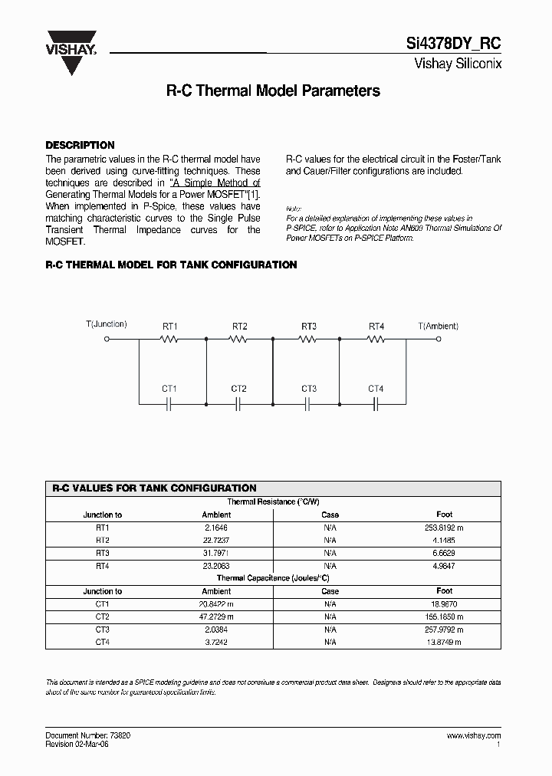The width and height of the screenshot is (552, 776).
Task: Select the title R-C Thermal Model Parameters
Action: (x=273, y=90)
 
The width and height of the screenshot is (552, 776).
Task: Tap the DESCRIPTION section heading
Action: (x=80, y=145)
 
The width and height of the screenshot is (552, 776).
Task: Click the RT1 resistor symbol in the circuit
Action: (x=170, y=339)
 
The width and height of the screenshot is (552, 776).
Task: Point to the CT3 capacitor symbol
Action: (x=307, y=403)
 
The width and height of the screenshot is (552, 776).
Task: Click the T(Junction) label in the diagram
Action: (x=106, y=324)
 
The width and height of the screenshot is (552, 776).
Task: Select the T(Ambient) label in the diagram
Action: (x=438, y=325)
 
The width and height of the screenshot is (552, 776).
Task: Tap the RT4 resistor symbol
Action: (x=376, y=339)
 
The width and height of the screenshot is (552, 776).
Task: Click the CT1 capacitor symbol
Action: (x=169, y=403)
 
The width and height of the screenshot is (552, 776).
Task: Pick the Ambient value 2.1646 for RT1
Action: (x=216, y=528)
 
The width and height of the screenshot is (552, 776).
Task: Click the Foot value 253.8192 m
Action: (x=444, y=528)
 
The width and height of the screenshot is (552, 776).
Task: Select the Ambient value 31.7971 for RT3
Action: (x=216, y=552)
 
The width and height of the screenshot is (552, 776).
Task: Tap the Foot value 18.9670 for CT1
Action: (x=444, y=604)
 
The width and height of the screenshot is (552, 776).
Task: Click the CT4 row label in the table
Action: (x=103, y=642)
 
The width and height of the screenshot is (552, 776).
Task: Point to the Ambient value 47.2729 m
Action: (x=216, y=617)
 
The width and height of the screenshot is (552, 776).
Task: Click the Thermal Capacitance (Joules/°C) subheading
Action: (x=273, y=577)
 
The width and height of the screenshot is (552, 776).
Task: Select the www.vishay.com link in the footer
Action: (x=473, y=735)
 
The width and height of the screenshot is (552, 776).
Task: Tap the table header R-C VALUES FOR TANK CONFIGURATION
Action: (x=154, y=488)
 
